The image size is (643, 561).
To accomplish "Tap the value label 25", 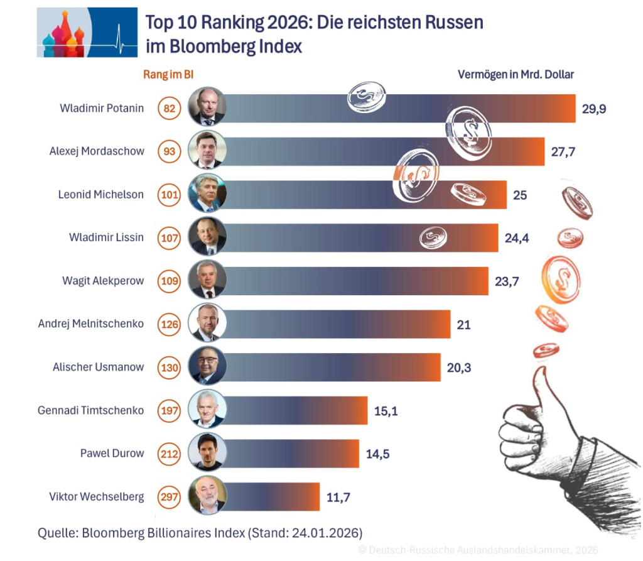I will coord(520,195).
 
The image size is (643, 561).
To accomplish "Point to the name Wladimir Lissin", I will coord(106,237).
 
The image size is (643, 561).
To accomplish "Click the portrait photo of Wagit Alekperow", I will coord(207,280).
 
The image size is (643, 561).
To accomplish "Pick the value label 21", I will coord(463,324).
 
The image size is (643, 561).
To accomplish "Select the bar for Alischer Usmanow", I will coord(333,368).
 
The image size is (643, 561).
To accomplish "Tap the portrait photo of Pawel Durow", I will coord(207,453).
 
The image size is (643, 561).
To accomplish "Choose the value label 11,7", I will coord(338,497).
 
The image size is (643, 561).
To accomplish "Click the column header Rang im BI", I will coord(168,75).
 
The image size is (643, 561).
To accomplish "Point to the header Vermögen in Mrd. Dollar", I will coord(516,74).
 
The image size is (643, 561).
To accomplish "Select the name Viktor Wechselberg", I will coord(97,496).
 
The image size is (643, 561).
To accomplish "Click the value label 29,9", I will coord(594,109).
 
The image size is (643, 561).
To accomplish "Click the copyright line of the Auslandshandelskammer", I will coord(478,550).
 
